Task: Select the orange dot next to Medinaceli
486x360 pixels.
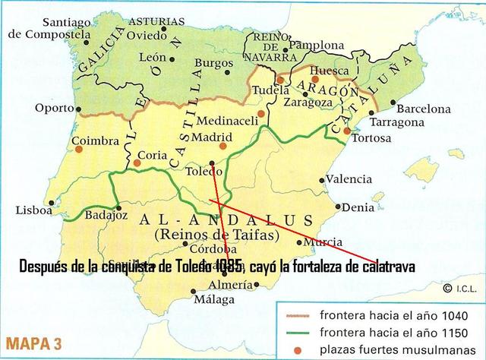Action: coord(260,112)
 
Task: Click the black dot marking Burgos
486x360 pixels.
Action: coord(228,72)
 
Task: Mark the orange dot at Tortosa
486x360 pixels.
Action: coord(347,131)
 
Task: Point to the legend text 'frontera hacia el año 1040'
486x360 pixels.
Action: coord(383,316)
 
